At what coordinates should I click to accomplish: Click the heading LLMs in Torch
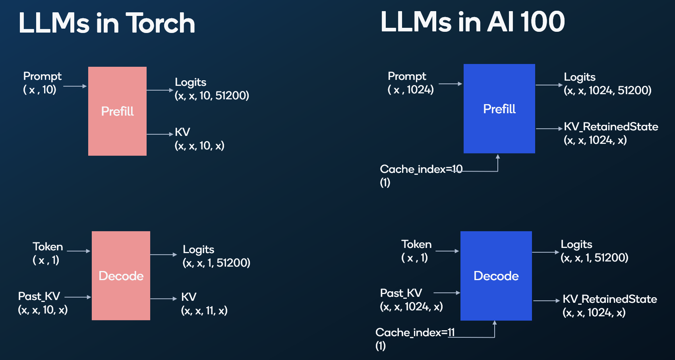tap(107, 23)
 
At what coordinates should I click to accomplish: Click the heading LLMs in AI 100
tap(472, 22)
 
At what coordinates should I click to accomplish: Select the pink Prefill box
tap(117, 111)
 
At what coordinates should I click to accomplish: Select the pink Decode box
tap(121, 276)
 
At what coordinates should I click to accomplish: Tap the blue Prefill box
tap(499, 109)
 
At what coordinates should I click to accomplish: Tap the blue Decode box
tap(496, 276)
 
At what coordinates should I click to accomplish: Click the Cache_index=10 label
tap(421, 169)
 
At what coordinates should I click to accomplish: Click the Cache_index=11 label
tap(415, 333)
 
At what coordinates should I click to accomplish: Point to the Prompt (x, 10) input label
tap(42, 83)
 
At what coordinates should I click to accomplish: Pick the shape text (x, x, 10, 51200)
tap(212, 96)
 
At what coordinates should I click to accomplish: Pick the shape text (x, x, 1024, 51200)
tap(607, 91)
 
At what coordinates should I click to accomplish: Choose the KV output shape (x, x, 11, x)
tap(204, 310)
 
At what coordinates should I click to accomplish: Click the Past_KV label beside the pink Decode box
tap(39, 296)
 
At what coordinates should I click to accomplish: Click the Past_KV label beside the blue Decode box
tap(401, 293)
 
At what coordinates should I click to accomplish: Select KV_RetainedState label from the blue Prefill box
tap(611, 127)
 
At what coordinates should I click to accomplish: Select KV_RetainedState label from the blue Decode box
tap(610, 299)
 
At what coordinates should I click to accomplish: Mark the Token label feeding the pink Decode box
tap(48, 247)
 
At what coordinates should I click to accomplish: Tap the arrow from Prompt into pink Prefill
tap(75, 86)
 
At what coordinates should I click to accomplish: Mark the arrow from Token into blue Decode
tap(447, 251)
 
